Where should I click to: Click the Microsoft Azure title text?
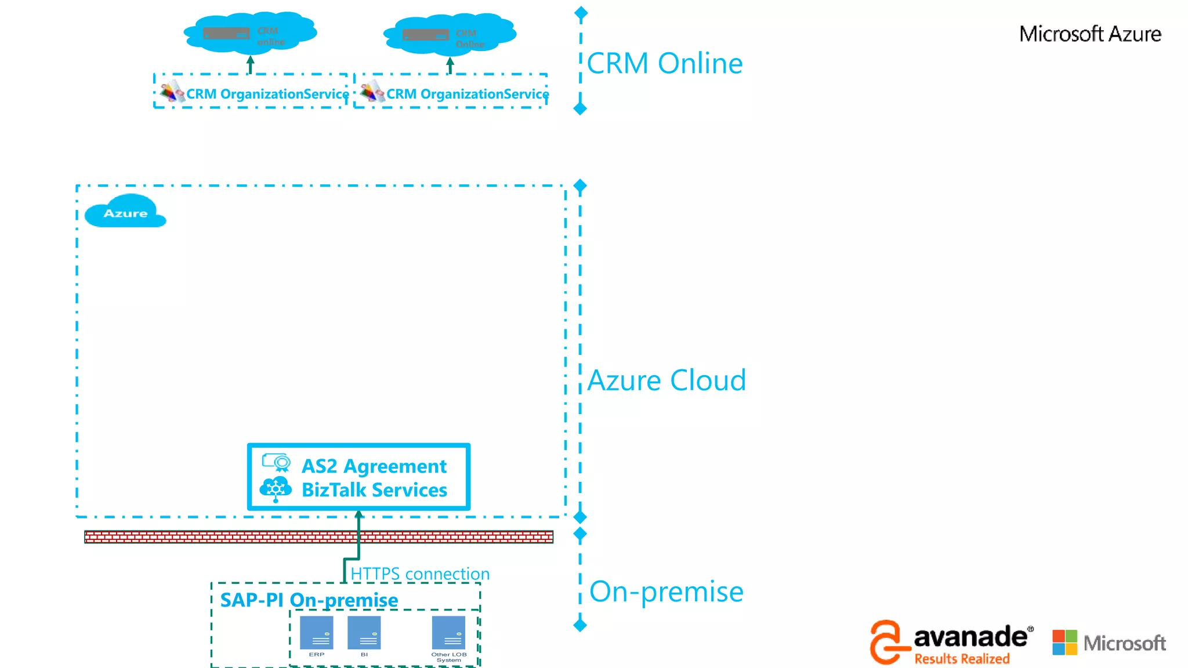click(x=1090, y=34)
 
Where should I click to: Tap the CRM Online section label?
click(x=664, y=63)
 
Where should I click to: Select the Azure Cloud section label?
click(x=667, y=380)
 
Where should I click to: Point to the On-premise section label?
click(x=666, y=591)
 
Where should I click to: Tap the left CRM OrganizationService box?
click(x=251, y=92)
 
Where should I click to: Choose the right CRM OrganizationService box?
click(x=451, y=92)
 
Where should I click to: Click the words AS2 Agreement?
click(x=374, y=466)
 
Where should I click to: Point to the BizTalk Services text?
click(x=374, y=490)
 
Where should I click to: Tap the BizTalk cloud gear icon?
click(x=276, y=489)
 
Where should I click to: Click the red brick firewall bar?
click(x=318, y=537)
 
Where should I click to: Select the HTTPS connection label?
click(x=420, y=573)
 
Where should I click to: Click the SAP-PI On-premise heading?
click(x=309, y=600)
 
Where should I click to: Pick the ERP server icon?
click(x=317, y=633)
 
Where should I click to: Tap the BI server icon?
click(x=364, y=633)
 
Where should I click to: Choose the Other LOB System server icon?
click(x=448, y=633)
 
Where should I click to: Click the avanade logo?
click(x=951, y=642)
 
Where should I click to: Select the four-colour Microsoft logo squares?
click(x=1064, y=642)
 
